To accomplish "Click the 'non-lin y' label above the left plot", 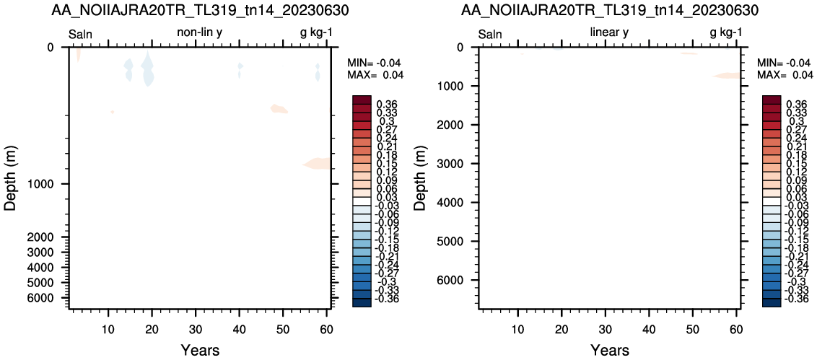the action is pyautogui.click(x=201, y=33).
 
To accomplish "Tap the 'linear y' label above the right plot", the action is pyautogui.click(x=609, y=33).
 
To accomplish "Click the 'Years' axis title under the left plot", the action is pyautogui.click(x=200, y=350).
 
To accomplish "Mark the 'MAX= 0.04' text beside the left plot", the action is pyautogui.click(x=375, y=75).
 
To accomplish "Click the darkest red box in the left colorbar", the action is pyautogui.click(x=362, y=100).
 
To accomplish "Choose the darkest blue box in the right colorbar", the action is pyautogui.click(x=771, y=302).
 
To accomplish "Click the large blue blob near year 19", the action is pyautogui.click(x=148, y=69).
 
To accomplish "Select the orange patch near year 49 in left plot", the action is pyautogui.click(x=279, y=109).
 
